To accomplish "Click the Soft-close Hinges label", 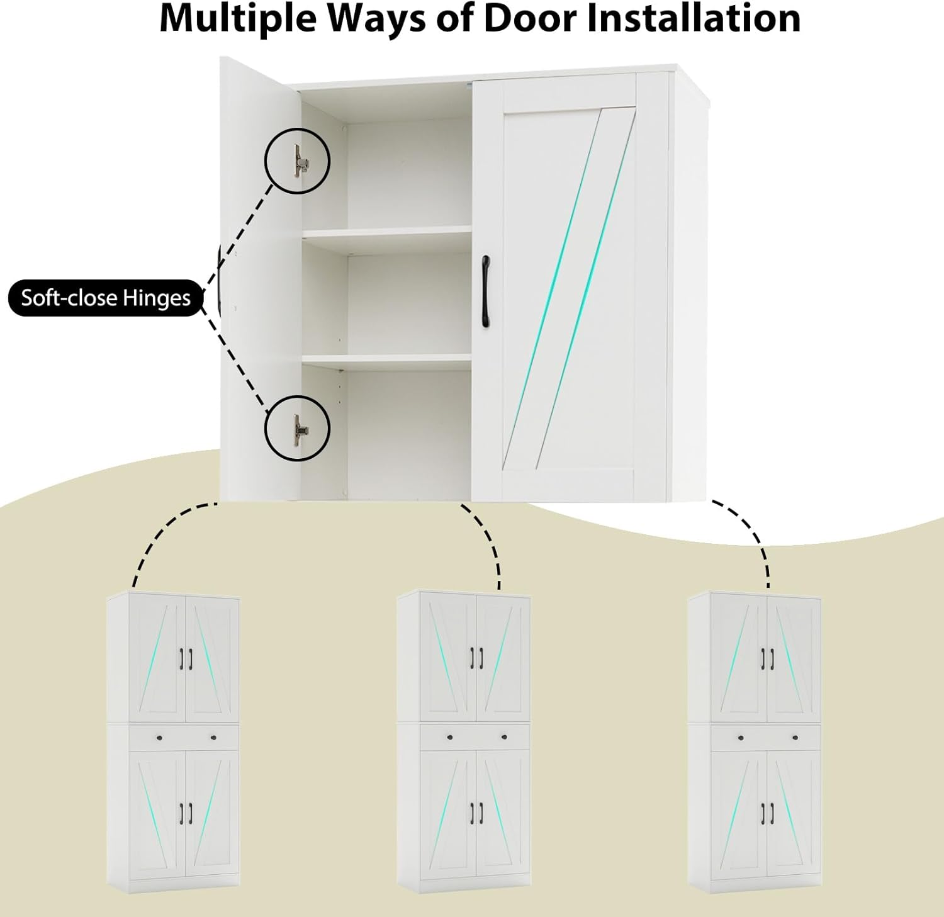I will click(x=106, y=298).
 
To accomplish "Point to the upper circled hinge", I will click(x=297, y=160).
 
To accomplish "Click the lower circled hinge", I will click(x=297, y=427).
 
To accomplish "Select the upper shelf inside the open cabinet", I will click(x=387, y=232).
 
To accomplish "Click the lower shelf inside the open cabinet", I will click(x=387, y=359).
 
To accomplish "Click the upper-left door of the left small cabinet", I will click(x=158, y=658).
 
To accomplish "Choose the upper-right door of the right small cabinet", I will click(x=794, y=658).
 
